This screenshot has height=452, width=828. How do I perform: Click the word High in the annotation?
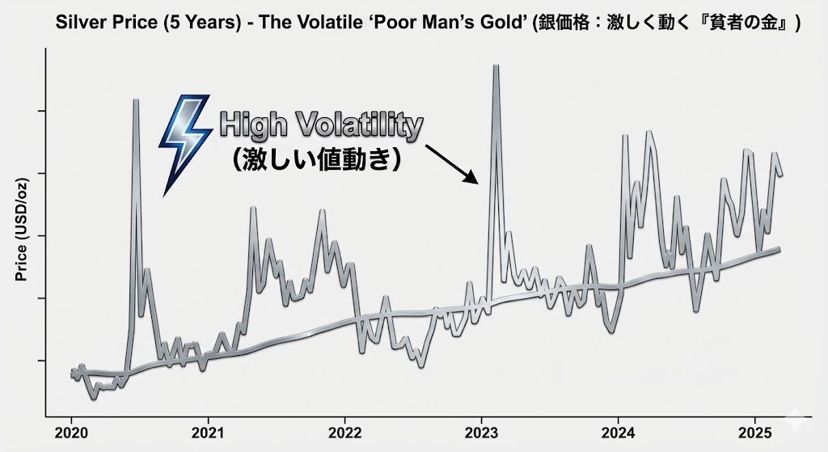(248, 126)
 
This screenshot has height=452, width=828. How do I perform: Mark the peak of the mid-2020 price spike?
(136, 100)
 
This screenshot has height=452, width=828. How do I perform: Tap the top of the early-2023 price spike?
(496, 66)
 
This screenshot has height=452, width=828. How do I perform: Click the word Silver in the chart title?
(79, 23)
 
